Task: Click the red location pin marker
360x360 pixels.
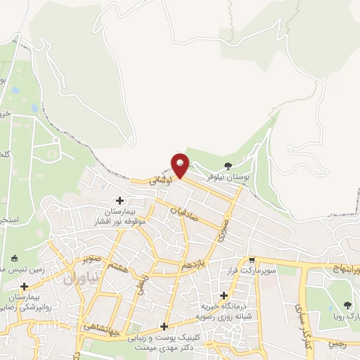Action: point(181,164)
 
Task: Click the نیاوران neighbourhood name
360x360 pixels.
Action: point(73,278)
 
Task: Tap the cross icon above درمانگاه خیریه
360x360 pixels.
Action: point(224,295)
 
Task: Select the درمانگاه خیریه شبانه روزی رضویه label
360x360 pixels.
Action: point(224,311)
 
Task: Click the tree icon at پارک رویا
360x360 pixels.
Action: point(347,304)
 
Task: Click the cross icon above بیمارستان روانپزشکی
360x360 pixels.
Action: point(24,286)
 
